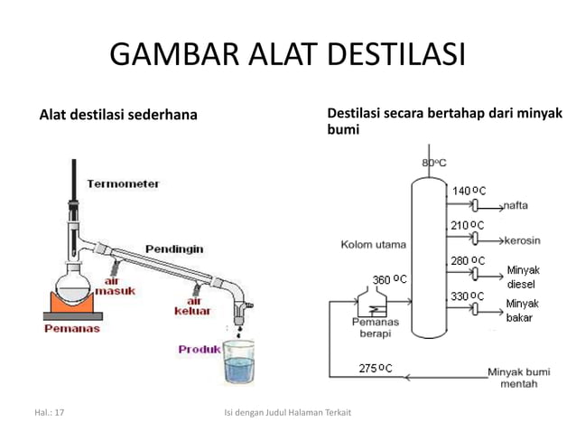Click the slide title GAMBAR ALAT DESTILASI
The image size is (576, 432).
click(287, 55)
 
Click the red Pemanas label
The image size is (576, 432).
click(72, 329)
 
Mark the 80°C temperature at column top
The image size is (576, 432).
click(434, 163)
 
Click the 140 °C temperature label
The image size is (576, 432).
click(469, 191)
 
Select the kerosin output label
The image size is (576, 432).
click(522, 241)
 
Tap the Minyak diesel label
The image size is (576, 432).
click(522, 277)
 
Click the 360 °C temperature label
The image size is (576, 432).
click(389, 277)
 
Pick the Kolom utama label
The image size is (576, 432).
click(373, 244)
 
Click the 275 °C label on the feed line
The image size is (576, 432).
click(376, 368)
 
